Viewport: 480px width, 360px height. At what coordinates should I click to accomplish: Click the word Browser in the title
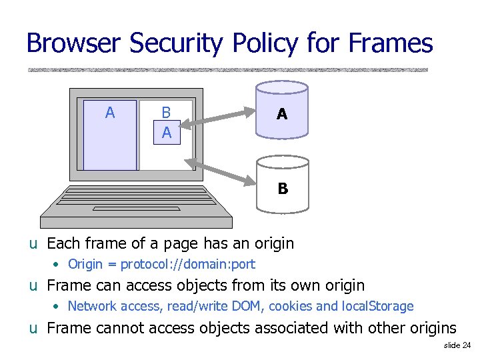pos(74,43)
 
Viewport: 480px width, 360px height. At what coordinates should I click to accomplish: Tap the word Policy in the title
pos(263,43)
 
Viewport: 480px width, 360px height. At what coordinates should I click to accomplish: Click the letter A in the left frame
pos(110,113)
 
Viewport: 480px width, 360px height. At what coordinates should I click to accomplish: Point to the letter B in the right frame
pos(167,113)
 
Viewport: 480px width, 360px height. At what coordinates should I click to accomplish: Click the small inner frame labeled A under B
pos(167,132)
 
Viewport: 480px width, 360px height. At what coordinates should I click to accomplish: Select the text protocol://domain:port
pos(187,264)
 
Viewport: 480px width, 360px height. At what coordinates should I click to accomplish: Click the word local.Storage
pos(378,307)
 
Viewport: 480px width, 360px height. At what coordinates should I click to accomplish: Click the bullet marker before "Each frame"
pos(33,244)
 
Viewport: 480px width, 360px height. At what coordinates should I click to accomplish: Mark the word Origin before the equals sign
pos(85,264)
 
